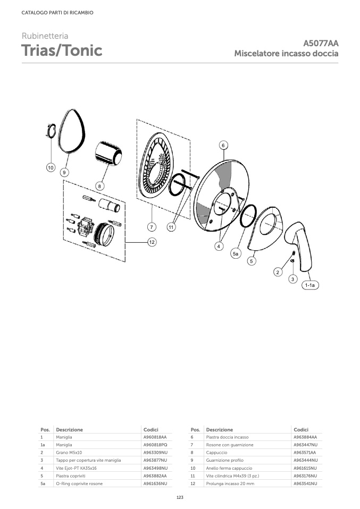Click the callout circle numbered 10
(51, 168)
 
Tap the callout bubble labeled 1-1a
(310, 285)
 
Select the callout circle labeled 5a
(236, 254)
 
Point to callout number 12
(152, 242)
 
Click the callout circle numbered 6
(223, 145)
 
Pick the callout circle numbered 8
(100, 186)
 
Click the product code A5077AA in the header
(321, 43)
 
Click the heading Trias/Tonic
(62, 50)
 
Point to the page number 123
(180, 497)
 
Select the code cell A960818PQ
(155, 445)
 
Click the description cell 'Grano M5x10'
(69, 453)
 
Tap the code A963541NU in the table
(305, 483)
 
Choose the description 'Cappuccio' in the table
(216, 453)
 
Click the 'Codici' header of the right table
(301, 429)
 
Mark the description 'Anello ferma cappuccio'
(229, 468)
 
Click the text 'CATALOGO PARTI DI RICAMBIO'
(57, 13)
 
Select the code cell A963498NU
(156, 468)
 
